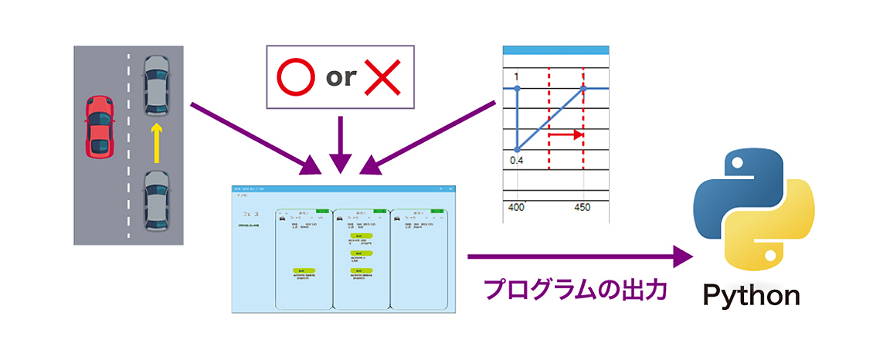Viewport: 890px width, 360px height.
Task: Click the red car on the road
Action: click(x=100, y=126)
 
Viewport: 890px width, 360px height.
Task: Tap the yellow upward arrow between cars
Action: click(x=156, y=144)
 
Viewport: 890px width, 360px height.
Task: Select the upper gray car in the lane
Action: click(x=156, y=85)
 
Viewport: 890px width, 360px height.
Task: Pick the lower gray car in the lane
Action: click(x=156, y=202)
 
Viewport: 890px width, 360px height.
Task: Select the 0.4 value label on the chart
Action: click(x=517, y=160)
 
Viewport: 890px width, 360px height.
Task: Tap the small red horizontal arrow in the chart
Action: click(x=566, y=134)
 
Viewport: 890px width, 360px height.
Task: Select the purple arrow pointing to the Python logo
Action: click(x=579, y=256)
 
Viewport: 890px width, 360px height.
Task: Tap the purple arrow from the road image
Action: click(x=255, y=138)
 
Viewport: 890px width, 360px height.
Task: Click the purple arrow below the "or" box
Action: click(x=340, y=143)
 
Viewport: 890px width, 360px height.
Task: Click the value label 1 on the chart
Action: click(x=517, y=76)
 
